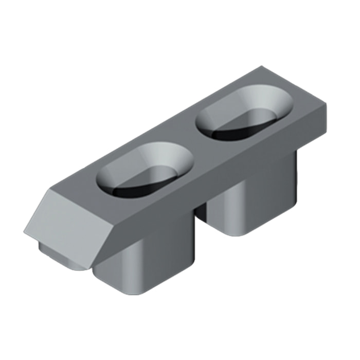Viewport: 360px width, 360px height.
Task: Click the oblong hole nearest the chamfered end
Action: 145,169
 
